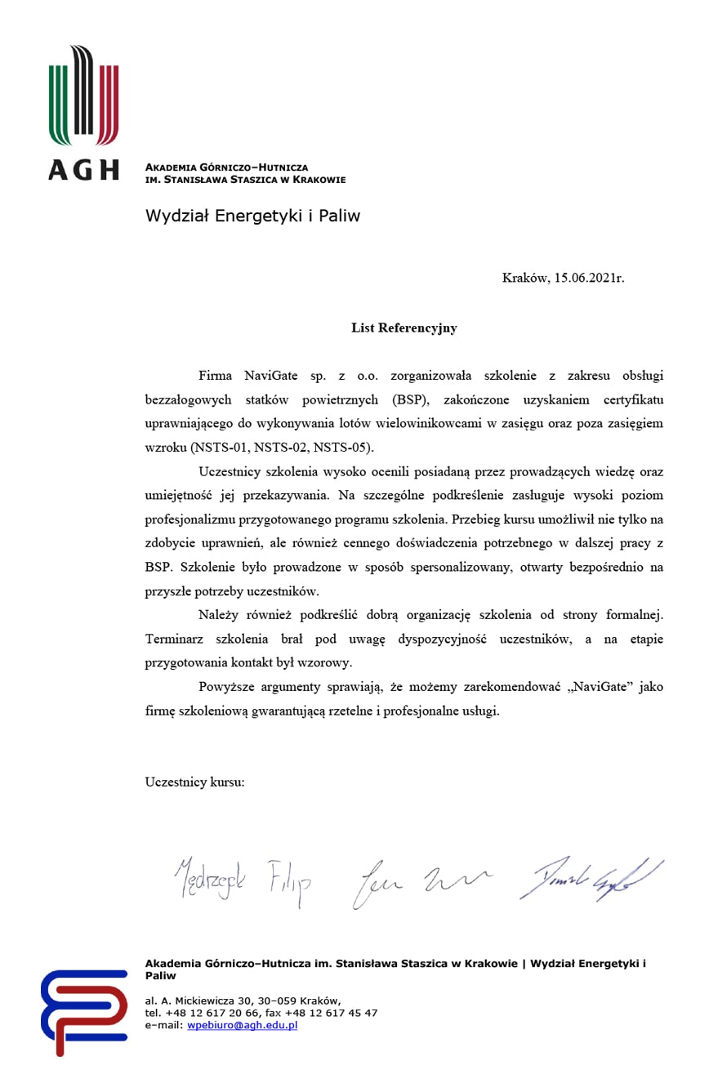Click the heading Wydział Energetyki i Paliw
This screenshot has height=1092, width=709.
(252, 216)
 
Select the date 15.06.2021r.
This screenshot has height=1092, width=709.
(589, 278)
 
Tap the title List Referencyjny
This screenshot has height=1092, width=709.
(404, 328)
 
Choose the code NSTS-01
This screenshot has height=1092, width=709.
(221, 448)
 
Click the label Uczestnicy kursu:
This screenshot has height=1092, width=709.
(194, 782)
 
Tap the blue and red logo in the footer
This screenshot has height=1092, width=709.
(84, 1011)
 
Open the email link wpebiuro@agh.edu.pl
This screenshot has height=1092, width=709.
(242, 1025)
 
